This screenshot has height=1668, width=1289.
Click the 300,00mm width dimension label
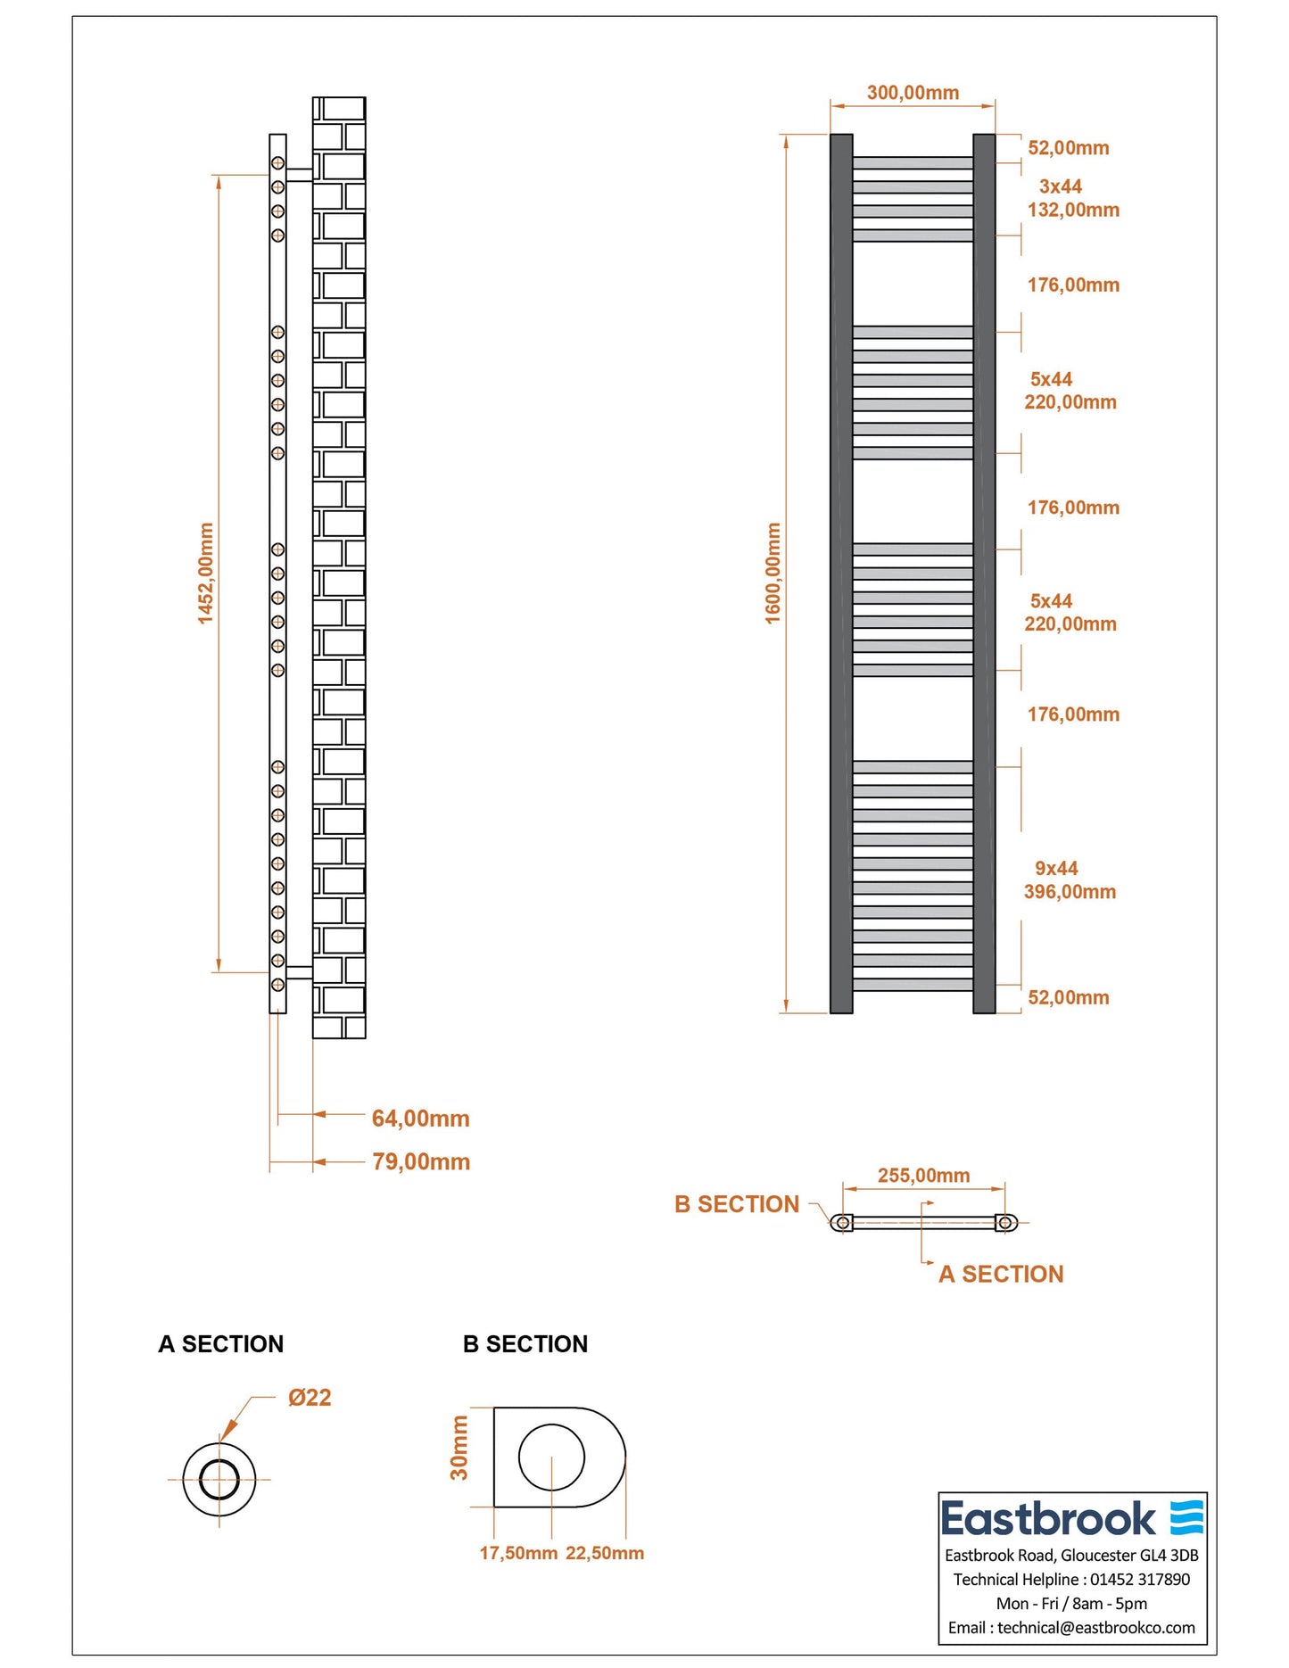coord(913,93)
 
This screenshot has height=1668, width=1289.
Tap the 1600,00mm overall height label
coord(773,574)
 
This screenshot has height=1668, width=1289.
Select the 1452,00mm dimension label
coord(206,574)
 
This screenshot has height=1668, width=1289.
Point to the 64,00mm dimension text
coord(420,1119)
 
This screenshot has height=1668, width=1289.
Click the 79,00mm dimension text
coord(421,1161)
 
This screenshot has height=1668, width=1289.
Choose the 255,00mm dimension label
coord(923,1176)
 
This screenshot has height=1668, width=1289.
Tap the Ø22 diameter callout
coord(310,1398)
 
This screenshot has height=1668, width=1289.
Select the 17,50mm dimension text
coord(518,1553)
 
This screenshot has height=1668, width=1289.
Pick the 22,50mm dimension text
coord(605,1553)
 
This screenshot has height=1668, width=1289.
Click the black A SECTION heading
coord(220,1344)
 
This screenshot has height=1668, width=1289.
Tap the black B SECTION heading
coord(525,1344)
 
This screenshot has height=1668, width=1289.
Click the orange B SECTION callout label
coord(737,1204)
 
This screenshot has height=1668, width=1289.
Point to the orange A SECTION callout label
coord(1001,1274)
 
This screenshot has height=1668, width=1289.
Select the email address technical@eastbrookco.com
coord(1096,1628)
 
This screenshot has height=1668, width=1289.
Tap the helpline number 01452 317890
coord(1140,1580)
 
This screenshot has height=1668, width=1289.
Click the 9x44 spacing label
coord(1056,868)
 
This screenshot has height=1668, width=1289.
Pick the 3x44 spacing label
coord(1061,186)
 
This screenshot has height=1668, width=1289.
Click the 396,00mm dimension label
coord(1070,891)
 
